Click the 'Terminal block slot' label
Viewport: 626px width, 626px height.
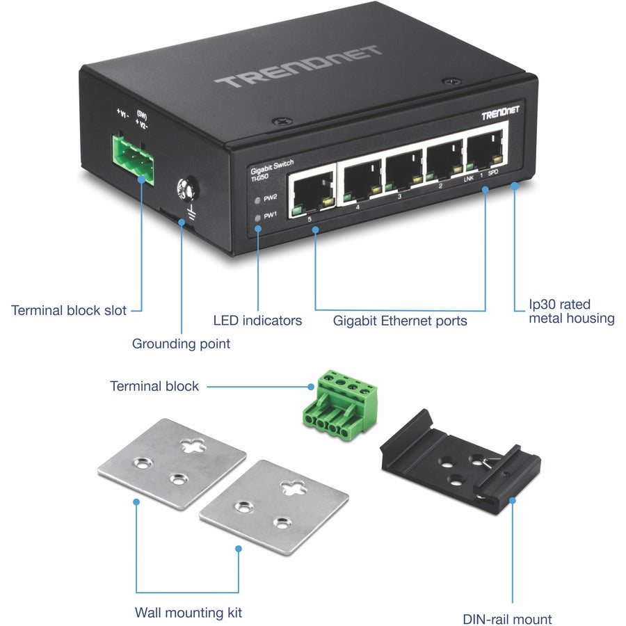tap(68, 310)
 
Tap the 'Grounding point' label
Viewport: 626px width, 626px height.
tap(181, 344)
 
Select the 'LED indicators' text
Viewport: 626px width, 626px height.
tap(257, 321)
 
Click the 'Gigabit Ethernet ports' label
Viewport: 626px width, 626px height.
tap(400, 321)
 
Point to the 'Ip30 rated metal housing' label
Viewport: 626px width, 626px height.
tap(571, 312)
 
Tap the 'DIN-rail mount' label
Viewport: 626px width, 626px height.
tap(507, 619)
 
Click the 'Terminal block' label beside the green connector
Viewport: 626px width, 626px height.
tap(154, 386)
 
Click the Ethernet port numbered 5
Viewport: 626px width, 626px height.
tap(312, 189)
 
